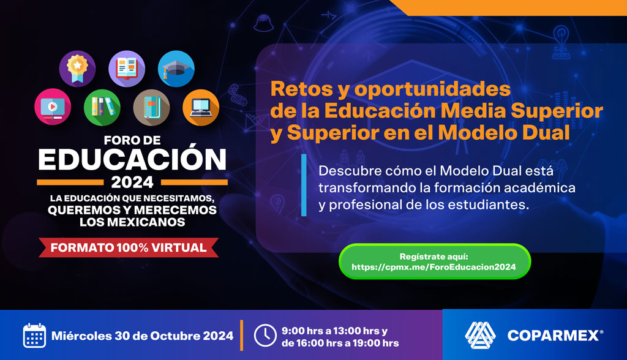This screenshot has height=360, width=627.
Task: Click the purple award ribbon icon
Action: [77, 69]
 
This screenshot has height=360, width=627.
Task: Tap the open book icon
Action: [127, 69]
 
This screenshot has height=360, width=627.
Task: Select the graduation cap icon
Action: [176, 69]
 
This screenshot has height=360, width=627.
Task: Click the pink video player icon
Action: [53, 107]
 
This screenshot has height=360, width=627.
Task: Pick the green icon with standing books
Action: [102, 107]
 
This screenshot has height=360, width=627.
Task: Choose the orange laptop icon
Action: [201, 107]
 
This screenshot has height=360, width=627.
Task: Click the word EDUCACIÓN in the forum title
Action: [132, 159]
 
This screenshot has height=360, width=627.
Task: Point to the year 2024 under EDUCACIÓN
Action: [132, 182]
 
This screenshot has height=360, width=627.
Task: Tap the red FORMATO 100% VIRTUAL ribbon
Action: [129, 248]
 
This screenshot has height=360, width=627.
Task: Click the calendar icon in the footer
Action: [34, 336]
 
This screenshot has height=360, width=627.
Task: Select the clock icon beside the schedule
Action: [265, 336]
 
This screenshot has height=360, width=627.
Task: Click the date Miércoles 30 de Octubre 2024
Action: [143, 336]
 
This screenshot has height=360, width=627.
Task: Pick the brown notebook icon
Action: [151, 107]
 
